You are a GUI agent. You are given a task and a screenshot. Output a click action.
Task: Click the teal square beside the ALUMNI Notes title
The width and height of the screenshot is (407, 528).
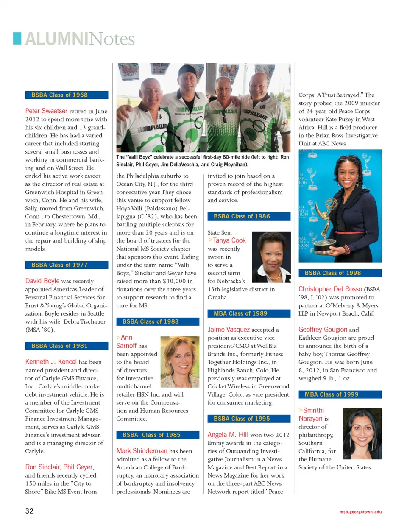pos(17,38)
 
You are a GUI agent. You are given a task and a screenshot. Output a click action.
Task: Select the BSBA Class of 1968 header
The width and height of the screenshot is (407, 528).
pos(67,95)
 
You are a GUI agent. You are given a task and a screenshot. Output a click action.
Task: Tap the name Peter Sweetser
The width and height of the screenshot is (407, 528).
pos(46,111)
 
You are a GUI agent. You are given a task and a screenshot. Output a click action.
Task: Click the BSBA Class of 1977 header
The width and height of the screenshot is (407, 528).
pos(67,265)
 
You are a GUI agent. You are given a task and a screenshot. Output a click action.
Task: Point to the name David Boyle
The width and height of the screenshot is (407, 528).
pos(42,281)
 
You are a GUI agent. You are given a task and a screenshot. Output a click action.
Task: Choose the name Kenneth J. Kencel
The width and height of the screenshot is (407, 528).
pos(51,362)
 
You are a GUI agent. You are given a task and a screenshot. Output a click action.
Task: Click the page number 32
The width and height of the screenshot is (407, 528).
pos(29,511)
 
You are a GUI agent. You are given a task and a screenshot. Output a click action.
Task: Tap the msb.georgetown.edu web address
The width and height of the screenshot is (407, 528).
pos(360,512)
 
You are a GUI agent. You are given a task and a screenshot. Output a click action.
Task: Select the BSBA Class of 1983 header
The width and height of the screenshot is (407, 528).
pos(158,321)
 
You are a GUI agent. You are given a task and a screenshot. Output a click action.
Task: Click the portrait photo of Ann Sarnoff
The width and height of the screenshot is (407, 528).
pos(180,361)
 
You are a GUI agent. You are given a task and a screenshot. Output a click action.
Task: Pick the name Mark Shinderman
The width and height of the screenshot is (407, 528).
pos(142,451)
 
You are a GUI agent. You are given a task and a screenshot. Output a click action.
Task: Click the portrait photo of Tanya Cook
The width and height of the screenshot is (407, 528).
pos(271,257)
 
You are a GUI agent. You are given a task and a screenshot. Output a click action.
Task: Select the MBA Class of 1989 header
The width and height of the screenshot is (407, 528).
pos(249,313)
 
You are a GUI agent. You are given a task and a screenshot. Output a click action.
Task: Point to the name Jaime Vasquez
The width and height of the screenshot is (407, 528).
pos(229,330)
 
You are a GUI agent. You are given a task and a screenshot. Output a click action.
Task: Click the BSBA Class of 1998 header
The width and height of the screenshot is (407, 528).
pos(340,273)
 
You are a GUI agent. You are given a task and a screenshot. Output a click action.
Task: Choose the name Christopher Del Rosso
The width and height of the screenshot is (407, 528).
pos(330,289)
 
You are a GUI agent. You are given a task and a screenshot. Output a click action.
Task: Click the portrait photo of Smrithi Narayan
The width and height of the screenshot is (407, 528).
pos(362,433)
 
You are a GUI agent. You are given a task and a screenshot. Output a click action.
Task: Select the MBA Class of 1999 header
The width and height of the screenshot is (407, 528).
pos(340,394)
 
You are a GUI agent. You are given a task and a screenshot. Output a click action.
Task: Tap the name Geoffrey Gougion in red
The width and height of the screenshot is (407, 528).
pos(323,330)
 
